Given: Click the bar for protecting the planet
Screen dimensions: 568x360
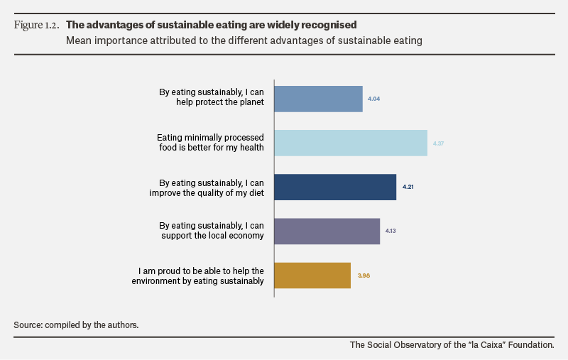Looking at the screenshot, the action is point(318,99).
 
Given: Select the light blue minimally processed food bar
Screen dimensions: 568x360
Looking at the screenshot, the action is point(351,143).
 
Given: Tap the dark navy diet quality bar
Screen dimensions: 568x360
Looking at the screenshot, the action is point(335,187).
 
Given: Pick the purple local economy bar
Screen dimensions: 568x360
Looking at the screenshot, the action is point(327,231).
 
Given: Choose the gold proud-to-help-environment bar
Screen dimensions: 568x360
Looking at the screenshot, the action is point(312,276).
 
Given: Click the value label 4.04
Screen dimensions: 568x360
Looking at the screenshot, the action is point(374,99).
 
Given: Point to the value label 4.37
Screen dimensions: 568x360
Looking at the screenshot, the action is point(438,143).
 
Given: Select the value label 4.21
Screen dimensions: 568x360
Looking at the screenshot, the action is point(408,187).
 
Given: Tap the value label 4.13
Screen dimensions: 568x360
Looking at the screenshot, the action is point(390,231).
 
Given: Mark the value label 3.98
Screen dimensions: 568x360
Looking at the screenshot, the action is point(364,276).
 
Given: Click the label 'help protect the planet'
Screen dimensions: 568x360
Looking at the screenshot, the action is point(220,102).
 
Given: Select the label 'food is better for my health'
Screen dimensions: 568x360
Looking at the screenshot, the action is point(212,148).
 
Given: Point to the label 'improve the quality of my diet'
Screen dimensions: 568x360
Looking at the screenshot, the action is point(207,192).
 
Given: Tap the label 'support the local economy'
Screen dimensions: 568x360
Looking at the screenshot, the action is point(212,236).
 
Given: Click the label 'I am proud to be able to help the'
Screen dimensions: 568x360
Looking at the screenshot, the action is point(201,271).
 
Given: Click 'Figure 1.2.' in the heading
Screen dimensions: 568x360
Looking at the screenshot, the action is point(37,25).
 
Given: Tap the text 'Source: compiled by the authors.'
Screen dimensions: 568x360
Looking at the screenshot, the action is point(76,325).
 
